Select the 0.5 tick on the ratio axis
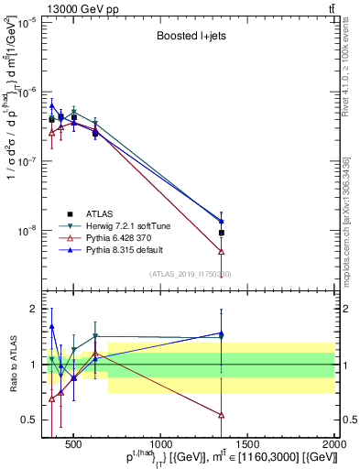point(29,420)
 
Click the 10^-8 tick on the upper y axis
point(27,230)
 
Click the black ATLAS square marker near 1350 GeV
point(222,233)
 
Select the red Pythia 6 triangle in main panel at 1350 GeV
point(222,251)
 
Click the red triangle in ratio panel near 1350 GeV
point(222,415)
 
